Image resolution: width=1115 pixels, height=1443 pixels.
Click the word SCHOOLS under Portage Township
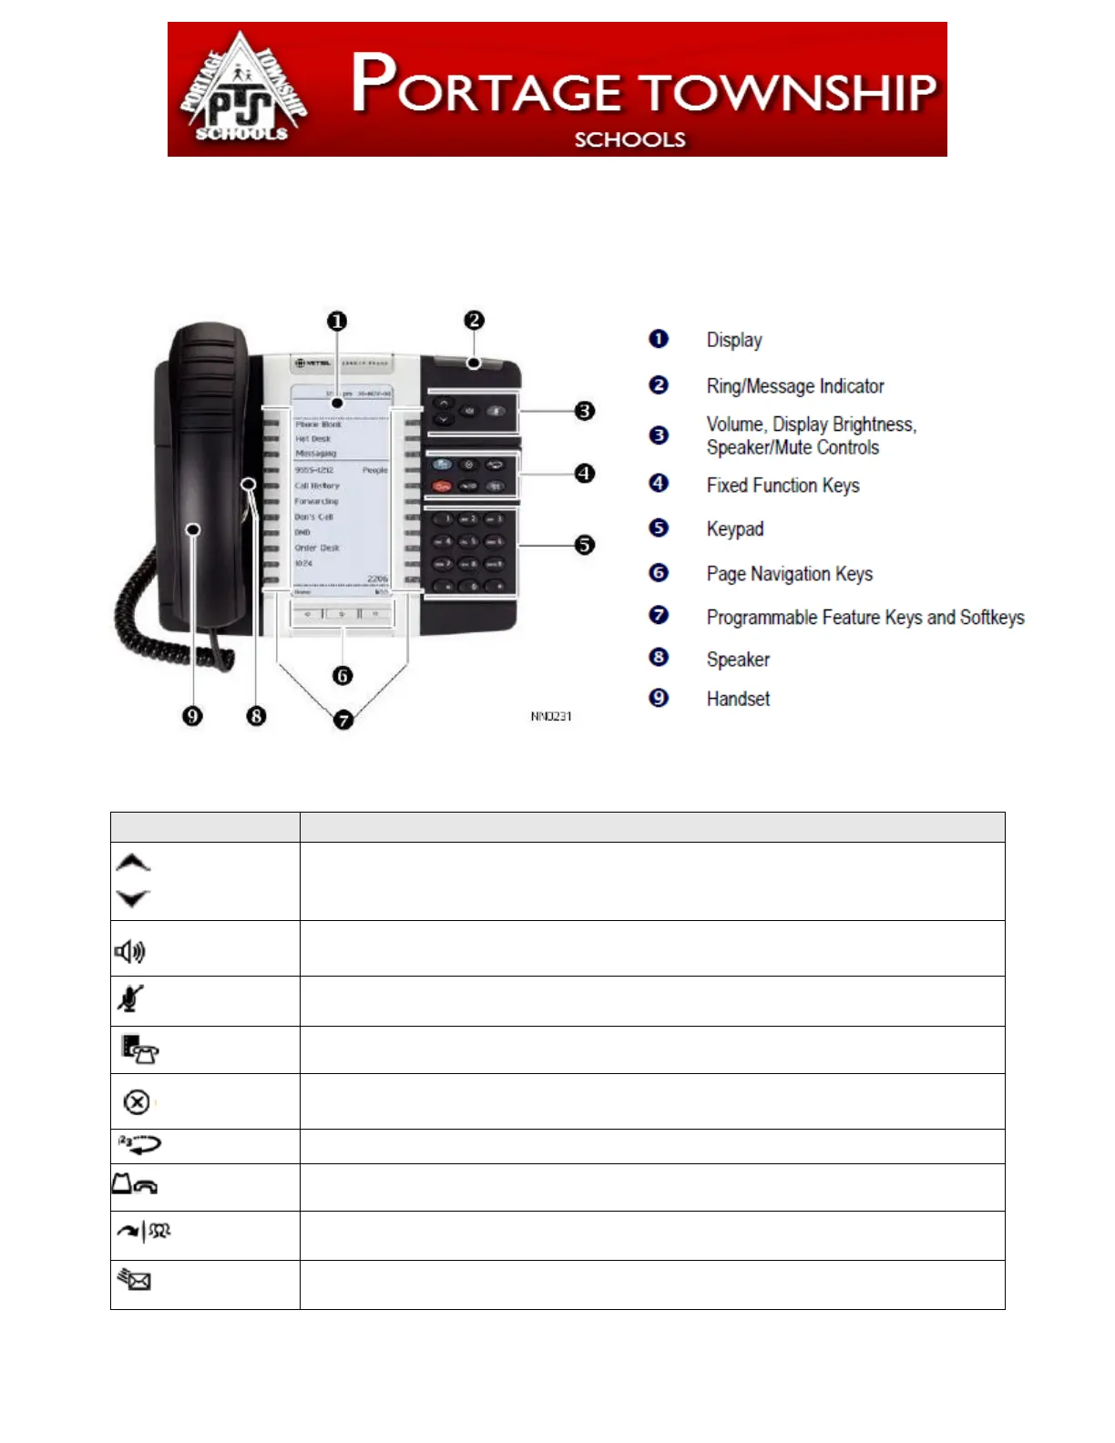pyautogui.click(x=629, y=139)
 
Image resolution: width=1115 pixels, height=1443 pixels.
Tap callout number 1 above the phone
pyautogui.click(x=337, y=322)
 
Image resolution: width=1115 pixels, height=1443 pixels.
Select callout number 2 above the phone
pyautogui.click(x=474, y=321)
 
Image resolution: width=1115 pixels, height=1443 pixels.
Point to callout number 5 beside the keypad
pyautogui.click(x=585, y=545)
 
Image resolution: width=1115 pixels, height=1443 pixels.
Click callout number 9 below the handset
pyautogui.click(x=192, y=716)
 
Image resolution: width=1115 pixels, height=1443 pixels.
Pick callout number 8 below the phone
pyautogui.click(x=256, y=716)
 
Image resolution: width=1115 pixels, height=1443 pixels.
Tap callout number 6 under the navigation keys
pyautogui.click(x=343, y=675)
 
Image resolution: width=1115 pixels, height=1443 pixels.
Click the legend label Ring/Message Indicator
pyautogui.click(x=794, y=386)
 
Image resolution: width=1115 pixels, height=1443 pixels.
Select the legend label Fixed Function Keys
pyautogui.click(x=783, y=486)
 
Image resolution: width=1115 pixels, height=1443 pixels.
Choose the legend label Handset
pyautogui.click(x=738, y=699)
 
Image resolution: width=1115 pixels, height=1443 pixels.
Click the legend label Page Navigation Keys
pyautogui.click(x=789, y=574)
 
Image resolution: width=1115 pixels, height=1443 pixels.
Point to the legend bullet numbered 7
pyautogui.click(x=659, y=616)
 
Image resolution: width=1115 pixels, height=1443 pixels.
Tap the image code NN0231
pyautogui.click(x=551, y=716)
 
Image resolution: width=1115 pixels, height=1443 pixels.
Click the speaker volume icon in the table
pyautogui.click(x=130, y=952)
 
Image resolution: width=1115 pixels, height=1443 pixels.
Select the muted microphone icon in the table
pyautogui.click(x=130, y=999)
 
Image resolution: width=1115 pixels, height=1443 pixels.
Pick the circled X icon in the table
pyautogui.click(x=137, y=1102)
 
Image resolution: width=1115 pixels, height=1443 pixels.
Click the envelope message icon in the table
pyautogui.click(x=134, y=1280)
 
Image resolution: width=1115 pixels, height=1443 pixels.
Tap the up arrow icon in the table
pyautogui.click(x=133, y=863)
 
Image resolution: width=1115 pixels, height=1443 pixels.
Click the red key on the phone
pyautogui.click(x=442, y=486)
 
